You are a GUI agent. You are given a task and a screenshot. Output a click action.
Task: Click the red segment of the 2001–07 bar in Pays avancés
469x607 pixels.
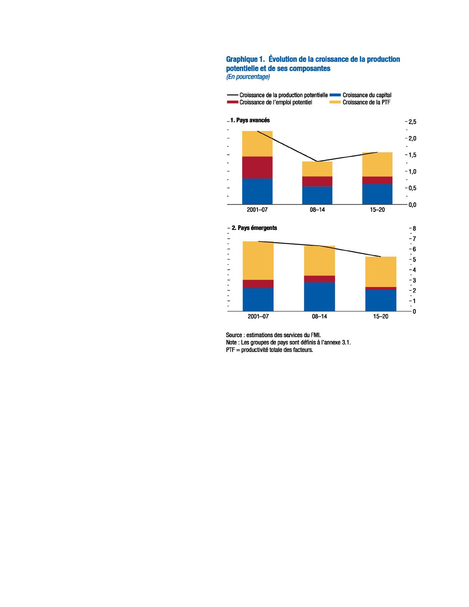click(x=257, y=167)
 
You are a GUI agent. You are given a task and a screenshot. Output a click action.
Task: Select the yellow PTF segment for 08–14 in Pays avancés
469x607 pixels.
click(x=317, y=169)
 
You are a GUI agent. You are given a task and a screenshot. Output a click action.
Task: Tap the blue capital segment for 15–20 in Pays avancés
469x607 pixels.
click(x=377, y=194)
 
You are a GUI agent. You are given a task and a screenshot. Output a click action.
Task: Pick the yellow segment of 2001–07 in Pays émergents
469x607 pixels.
click(x=258, y=261)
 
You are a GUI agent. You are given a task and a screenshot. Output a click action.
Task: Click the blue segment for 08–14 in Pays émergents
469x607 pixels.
click(x=319, y=296)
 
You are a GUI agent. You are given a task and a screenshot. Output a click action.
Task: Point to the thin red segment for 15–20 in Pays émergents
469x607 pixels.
click(x=380, y=288)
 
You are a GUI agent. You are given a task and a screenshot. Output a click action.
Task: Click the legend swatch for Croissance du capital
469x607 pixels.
click(x=335, y=95)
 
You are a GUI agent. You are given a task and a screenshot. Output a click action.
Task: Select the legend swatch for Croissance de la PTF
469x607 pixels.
click(x=335, y=102)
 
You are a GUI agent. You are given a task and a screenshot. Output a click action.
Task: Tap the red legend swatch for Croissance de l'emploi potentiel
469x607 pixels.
click(x=232, y=102)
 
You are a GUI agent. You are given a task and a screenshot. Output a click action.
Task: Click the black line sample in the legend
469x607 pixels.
click(x=232, y=95)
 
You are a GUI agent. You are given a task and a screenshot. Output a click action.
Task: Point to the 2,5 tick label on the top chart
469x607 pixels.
click(x=412, y=122)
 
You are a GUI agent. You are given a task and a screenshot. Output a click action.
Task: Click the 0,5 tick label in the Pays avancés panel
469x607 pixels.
click(x=412, y=188)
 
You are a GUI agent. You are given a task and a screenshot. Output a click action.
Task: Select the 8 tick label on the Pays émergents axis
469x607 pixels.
click(x=414, y=229)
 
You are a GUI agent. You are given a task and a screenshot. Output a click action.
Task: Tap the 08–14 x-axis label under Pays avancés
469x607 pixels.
click(x=317, y=210)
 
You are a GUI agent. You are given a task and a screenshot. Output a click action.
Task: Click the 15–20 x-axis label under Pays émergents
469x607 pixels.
click(x=380, y=317)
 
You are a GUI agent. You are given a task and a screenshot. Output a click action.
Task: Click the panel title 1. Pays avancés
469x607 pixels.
click(x=250, y=120)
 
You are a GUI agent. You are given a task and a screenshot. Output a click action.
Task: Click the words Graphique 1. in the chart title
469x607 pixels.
click(x=245, y=59)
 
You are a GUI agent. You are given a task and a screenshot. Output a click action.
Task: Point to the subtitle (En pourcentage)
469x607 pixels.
click(x=248, y=77)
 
